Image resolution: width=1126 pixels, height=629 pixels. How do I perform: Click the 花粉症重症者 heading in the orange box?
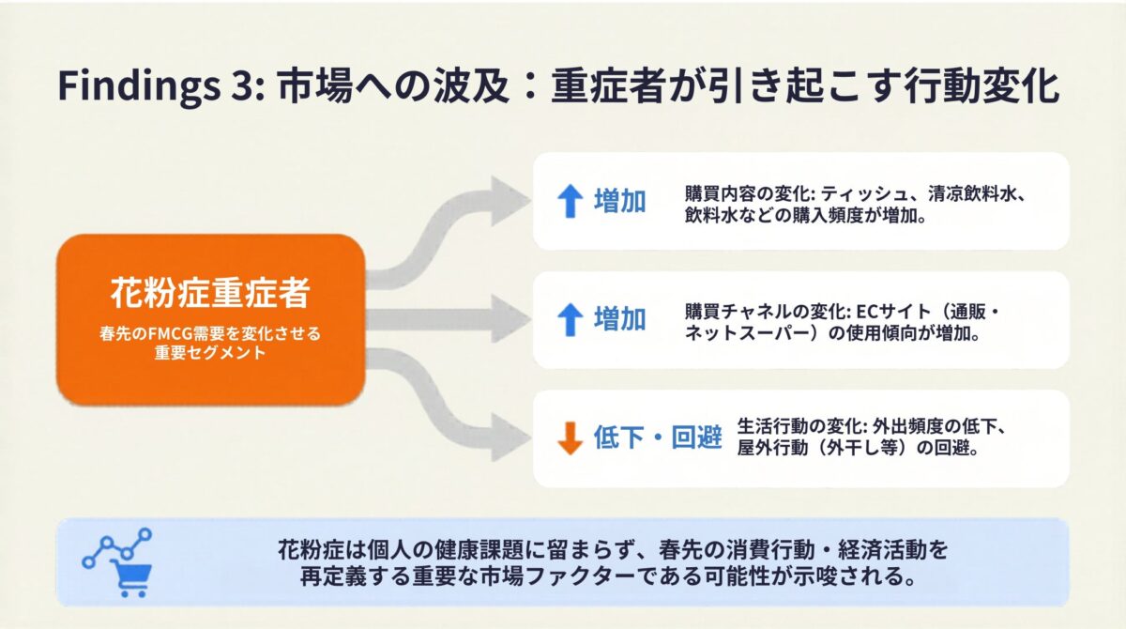[210, 294]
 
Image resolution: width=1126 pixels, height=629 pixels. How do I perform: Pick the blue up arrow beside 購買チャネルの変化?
[571, 320]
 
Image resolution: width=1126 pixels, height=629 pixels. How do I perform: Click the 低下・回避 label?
[658, 438]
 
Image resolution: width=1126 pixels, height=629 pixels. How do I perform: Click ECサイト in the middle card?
[883, 311]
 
